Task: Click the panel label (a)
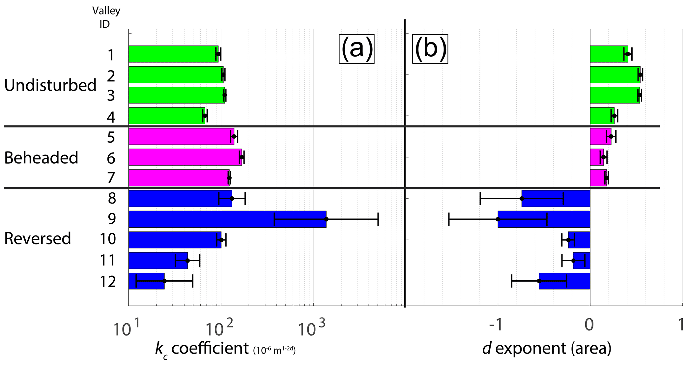click(x=356, y=49)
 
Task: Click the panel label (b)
click(x=430, y=49)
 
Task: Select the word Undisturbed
click(x=50, y=85)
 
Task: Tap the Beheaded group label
click(x=41, y=158)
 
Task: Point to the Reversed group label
click(x=38, y=239)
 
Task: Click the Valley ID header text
click(x=106, y=17)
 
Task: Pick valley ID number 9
click(x=112, y=219)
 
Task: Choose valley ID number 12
click(x=108, y=282)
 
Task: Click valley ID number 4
click(x=111, y=117)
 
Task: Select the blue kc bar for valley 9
click(x=227, y=219)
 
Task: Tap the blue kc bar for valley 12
click(x=146, y=281)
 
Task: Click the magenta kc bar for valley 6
click(x=185, y=157)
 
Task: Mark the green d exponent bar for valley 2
click(x=615, y=75)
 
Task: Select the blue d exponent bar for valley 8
click(x=556, y=198)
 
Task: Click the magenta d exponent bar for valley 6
click(x=597, y=157)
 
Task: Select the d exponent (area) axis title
click(x=547, y=349)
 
